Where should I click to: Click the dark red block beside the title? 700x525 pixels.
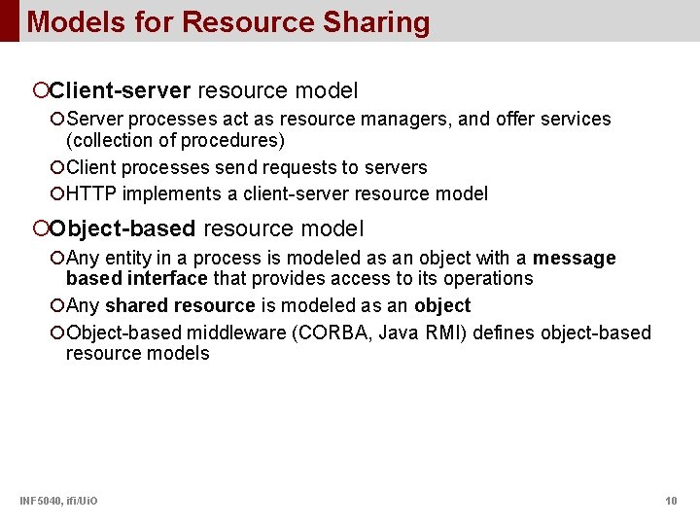(x=9, y=20)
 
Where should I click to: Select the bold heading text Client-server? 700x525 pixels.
(x=121, y=91)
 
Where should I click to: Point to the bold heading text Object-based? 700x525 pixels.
(x=123, y=229)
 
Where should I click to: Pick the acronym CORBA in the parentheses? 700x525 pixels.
(x=344, y=333)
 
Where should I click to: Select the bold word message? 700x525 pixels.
(x=574, y=259)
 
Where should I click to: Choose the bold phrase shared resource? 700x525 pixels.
(x=180, y=305)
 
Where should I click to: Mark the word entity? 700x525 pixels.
(x=128, y=259)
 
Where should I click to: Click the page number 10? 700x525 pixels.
(x=671, y=501)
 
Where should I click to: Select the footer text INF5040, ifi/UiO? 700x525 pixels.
(x=58, y=501)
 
